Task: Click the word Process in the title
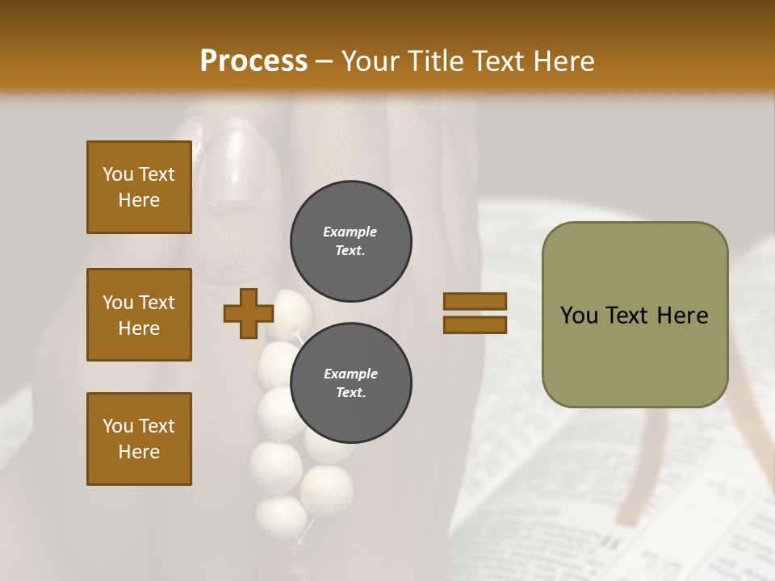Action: [253, 61]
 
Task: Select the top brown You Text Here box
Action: [139, 187]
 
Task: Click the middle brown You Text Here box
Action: [139, 315]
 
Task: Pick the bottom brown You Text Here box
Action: [139, 439]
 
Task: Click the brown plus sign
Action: [249, 314]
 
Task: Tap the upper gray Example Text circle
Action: [350, 241]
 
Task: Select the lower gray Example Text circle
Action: [350, 383]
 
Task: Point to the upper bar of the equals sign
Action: [475, 302]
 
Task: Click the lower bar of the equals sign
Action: [475, 325]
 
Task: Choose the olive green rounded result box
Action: [635, 315]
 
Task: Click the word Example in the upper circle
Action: [350, 232]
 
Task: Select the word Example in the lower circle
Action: [350, 374]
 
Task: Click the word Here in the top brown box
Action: [139, 200]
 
